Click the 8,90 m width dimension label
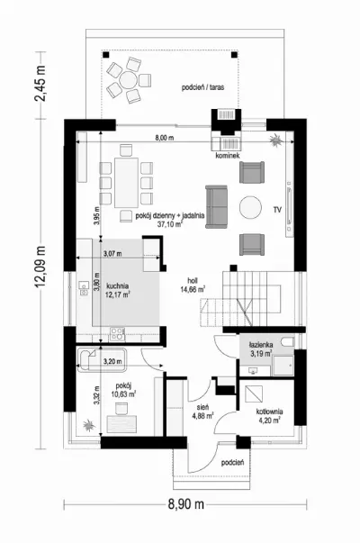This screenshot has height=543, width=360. pos(186,504)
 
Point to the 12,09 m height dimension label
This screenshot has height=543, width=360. pos(40,267)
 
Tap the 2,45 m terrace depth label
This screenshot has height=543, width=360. pos(40,83)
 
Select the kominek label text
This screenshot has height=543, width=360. pos(228,156)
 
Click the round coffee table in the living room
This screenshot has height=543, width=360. pos(250,208)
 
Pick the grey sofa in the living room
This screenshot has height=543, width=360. pos(217,207)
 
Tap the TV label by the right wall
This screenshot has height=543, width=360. pos(277,210)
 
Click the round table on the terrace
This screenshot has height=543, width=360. pos(128,80)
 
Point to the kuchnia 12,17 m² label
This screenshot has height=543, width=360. pos(118,290)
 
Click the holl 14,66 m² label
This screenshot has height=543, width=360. pos(193,285)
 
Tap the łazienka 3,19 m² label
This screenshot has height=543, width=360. pos(261,349)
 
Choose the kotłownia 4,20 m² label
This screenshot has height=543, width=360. pos(269,416)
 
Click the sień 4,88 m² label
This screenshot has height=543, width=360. pos(202,412)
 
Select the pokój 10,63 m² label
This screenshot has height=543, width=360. pos(123,390)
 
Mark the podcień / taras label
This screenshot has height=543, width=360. pos(202,87)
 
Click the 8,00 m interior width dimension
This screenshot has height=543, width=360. pos(164,138)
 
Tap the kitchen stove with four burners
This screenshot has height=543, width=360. pos(117,334)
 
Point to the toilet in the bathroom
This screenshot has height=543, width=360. pos(288,342)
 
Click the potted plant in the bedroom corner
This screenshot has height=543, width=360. pos(89,425)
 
